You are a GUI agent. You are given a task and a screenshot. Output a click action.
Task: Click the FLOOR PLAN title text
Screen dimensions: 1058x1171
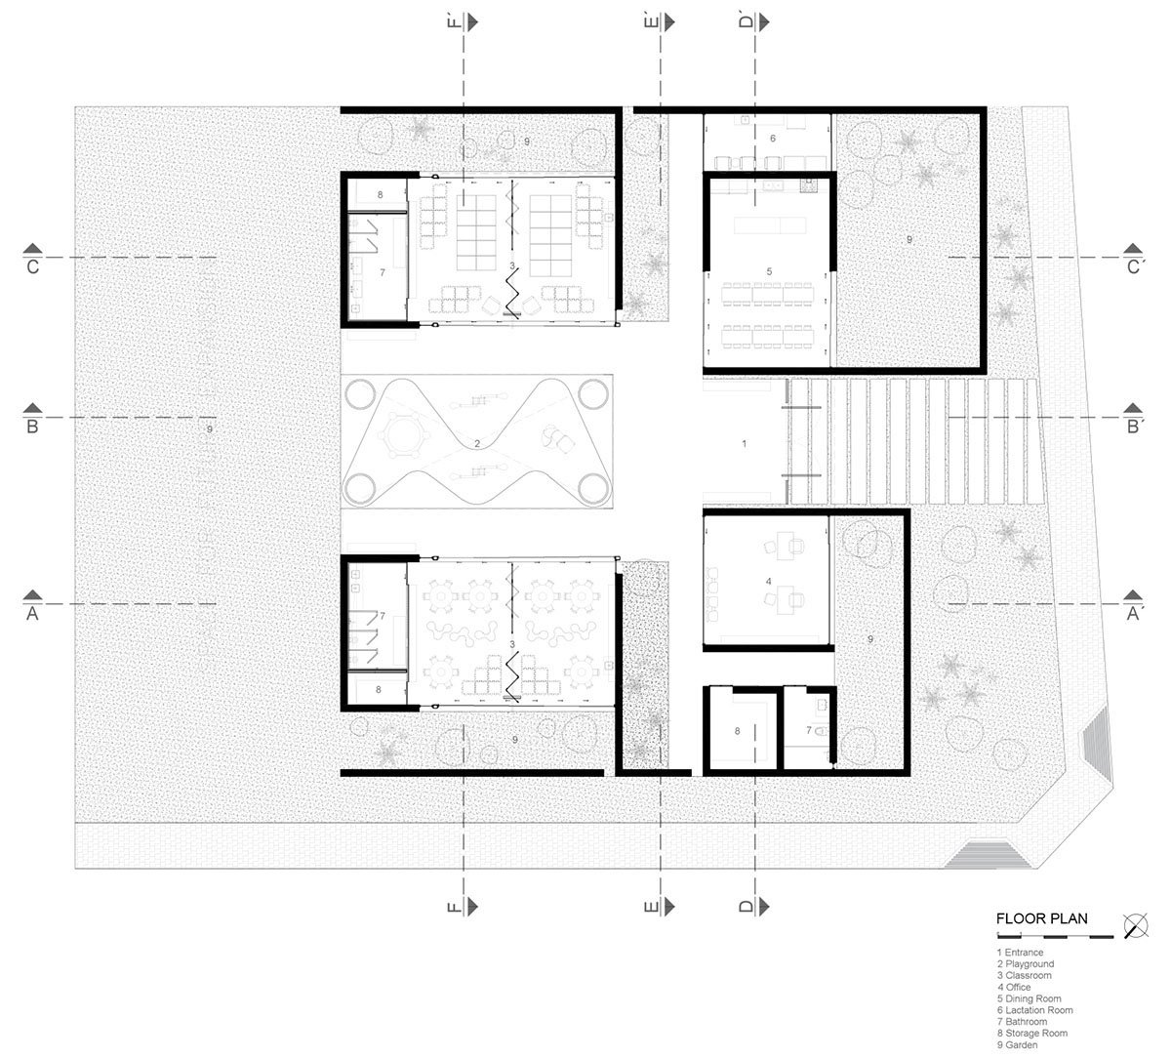pyautogui.click(x=1041, y=918)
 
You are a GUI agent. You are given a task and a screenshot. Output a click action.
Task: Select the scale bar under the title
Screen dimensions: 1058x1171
pyautogui.click(x=1054, y=936)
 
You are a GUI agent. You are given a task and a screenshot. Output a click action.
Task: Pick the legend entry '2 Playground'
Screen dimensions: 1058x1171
pyautogui.click(x=1025, y=964)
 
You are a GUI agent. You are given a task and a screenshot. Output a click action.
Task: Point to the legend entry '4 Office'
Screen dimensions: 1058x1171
pyautogui.click(x=1018, y=987)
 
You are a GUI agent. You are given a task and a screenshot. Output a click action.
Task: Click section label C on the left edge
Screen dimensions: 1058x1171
pyautogui.click(x=32, y=266)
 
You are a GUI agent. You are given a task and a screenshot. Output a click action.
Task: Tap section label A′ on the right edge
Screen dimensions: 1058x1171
pyautogui.click(x=1135, y=614)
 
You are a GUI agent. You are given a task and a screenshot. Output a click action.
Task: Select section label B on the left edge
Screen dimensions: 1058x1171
pyautogui.click(x=32, y=426)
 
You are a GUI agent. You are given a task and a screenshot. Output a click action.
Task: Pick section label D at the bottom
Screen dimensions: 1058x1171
pyautogui.click(x=746, y=907)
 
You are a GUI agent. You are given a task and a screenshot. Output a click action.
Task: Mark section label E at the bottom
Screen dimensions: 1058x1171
pyautogui.click(x=650, y=907)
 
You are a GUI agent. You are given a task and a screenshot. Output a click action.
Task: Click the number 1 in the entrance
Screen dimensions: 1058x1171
pyautogui.click(x=745, y=444)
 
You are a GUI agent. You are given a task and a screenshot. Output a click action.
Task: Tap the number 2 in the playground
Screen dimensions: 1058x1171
pyautogui.click(x=476, y=445)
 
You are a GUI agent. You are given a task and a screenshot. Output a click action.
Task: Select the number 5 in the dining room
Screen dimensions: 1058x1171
pyautogui.click(x=769, y=270)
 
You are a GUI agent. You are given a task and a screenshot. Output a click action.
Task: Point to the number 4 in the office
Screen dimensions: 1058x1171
pyautogui.click(x=769, y=582)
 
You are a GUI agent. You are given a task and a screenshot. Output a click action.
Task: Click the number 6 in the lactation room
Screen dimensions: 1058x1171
pyautogui.click(x=772, y=140)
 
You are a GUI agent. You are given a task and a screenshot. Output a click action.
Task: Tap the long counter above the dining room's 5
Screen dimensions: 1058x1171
pyautogui.click(x=770, y=225)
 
